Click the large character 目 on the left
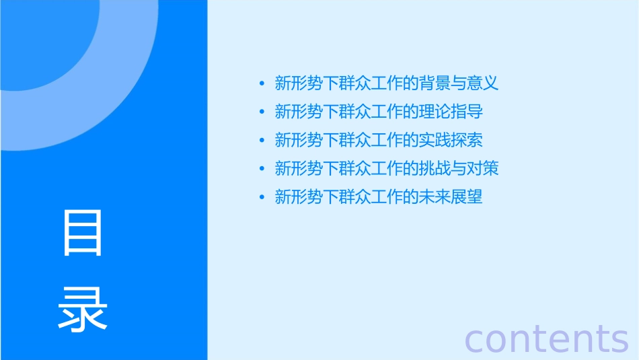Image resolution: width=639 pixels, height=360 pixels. point(83,233)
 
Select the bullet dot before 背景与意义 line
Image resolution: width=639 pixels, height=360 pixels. point(262,84)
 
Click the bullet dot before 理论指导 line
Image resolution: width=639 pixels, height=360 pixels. point(262,112)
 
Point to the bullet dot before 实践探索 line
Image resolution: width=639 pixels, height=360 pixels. point(262,141)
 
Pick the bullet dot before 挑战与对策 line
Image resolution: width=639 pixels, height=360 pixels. point(262,169)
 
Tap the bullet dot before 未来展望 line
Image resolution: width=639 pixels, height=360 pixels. point(262,197)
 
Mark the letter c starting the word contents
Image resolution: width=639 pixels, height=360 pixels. point(475,340)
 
